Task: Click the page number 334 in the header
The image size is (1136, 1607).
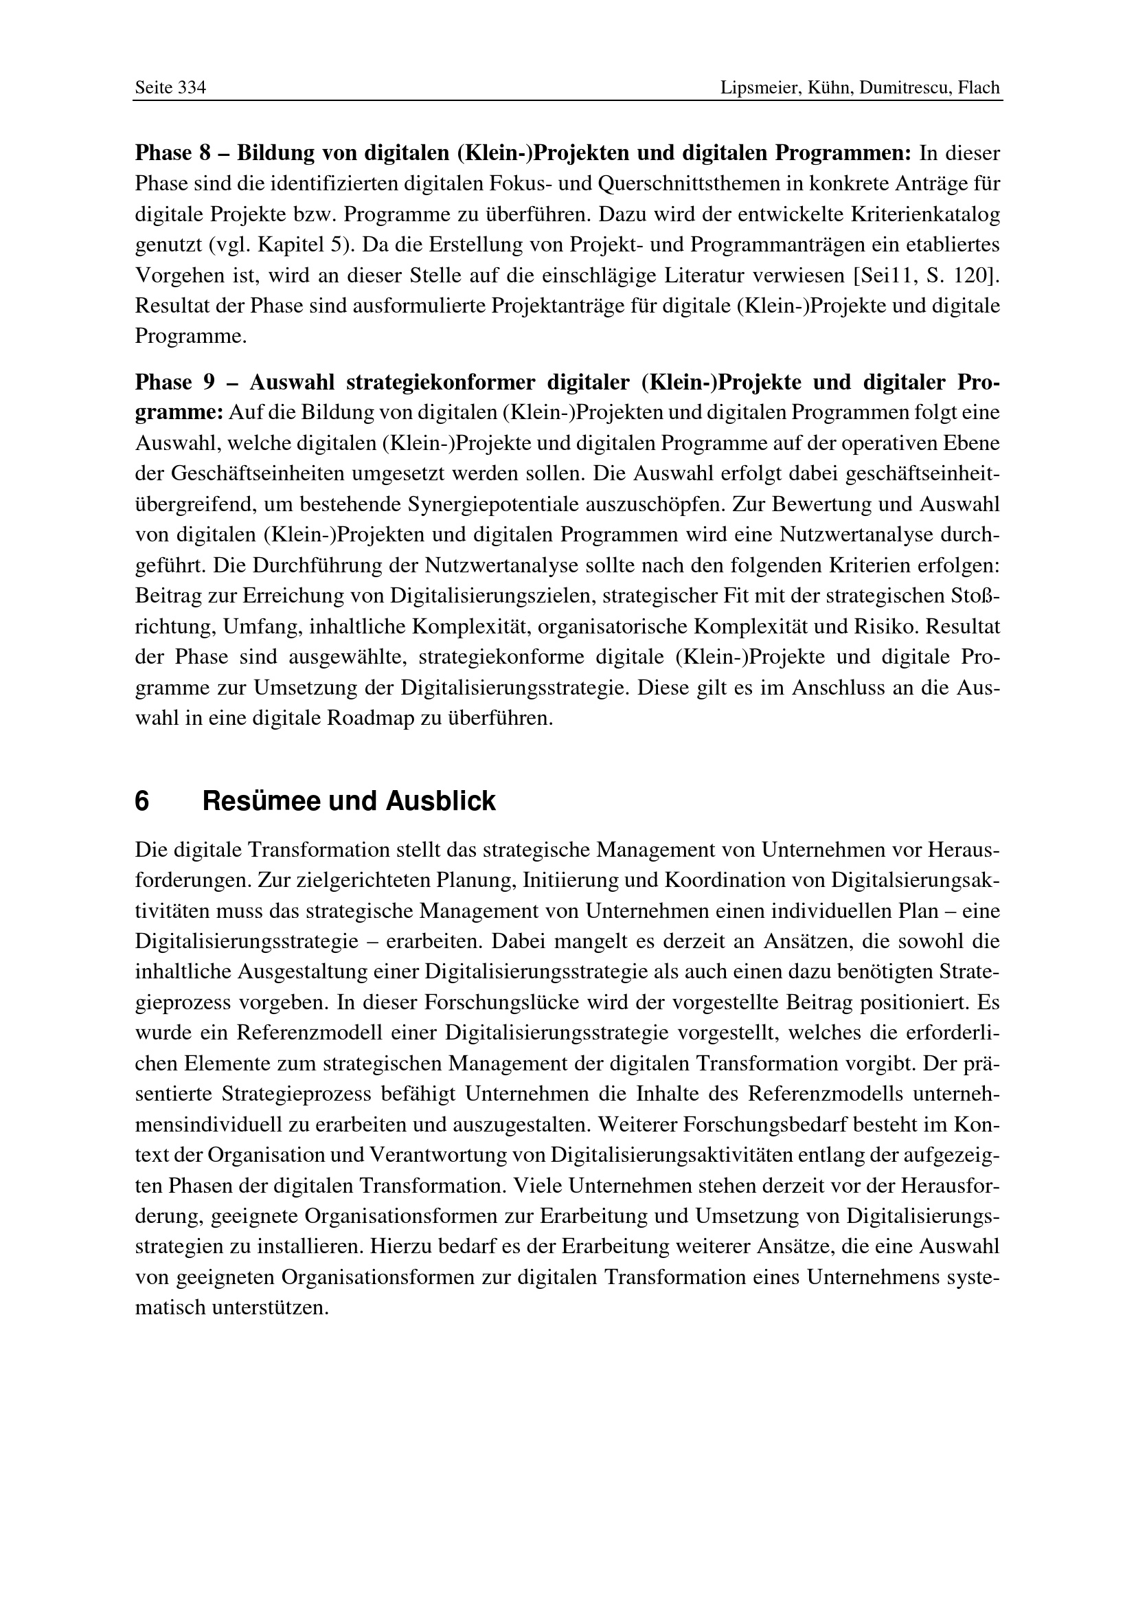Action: pyautogui.click(x=192, y=88)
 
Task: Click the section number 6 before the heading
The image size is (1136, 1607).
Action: pyautogui.click(x=142, y=801)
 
